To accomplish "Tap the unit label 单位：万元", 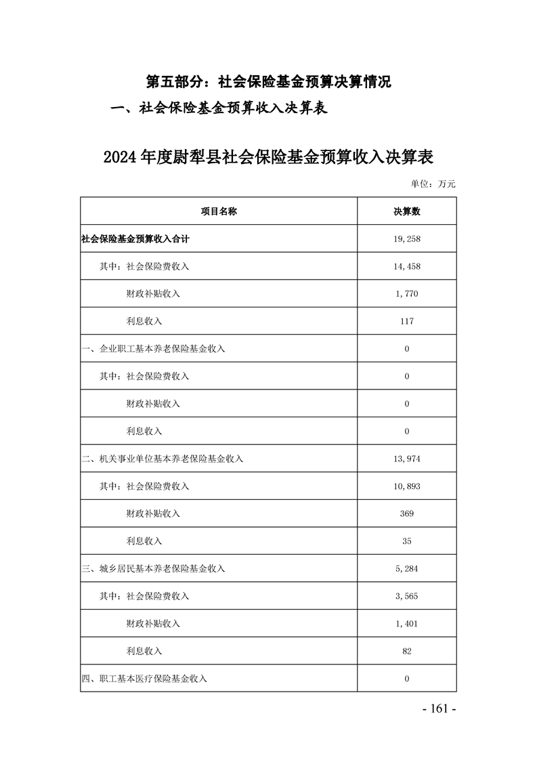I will tap(433, 184).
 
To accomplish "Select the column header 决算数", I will tap(406, 211).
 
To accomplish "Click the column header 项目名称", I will tap(218, 211).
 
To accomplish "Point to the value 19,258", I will tap(406, 239).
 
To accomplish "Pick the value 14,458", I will tap(406, 266).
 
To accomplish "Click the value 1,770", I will tap(406, 294).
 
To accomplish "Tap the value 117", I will tap(406, 321).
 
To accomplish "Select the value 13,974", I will tap(406, 459).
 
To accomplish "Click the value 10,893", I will tap(406, 486).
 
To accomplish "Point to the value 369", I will tap(406, 513).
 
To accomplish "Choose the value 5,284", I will tap(406, 568).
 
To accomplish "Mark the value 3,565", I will tap(406, 596).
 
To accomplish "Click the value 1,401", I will tap(406, 623).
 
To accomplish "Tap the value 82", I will tap(406, 651).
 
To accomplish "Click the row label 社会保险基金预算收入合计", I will tap(130, 239).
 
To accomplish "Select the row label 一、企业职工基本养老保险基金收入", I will tap(153, 349).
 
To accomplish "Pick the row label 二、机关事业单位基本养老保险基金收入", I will tap(162, 459).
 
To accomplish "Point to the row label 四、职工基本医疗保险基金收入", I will tap(144, 678).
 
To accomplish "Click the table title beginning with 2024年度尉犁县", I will tap(268, 157).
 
